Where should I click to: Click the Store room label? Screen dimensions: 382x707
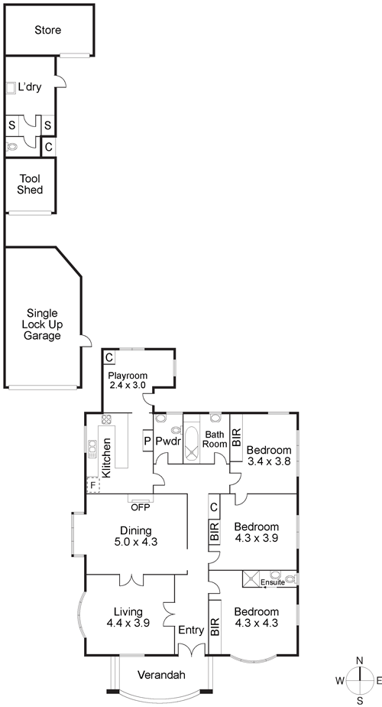(x=47, y=30)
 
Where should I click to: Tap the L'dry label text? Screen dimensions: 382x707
(x=30, y=87)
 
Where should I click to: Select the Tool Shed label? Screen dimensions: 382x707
(x=31, y=184)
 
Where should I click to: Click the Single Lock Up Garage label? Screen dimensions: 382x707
(x=42, y=324)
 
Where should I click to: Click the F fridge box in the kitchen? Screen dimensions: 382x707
(x=92, y=484)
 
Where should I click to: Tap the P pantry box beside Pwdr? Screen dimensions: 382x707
(x=147, y=441)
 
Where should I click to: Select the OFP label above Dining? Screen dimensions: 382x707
(x=141, y=507)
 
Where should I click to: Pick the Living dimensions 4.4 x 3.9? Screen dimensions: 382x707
(x=128, y=623)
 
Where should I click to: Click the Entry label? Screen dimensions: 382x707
(x=191, y=630)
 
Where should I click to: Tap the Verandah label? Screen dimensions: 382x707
(x=161, y=675)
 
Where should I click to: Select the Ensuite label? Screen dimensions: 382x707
(x=273, y=582)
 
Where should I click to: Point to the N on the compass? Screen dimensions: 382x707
(x=360, y=660)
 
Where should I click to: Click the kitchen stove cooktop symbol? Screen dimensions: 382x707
(x=107, y=420)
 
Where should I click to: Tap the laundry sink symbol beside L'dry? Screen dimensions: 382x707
(x=11, y=88)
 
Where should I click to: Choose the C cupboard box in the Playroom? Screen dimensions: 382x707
(x=109, y=357)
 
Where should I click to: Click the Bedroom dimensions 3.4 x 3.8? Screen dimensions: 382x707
(x=270, y=461)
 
